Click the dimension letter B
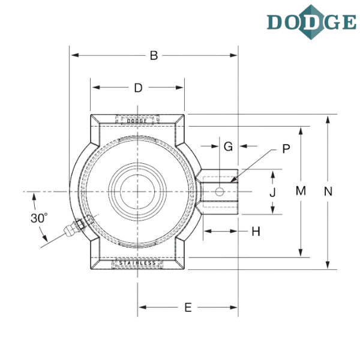pyautogui.click(x=154, y=56)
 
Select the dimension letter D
pyautogui.click(x=138, y=88)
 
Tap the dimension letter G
pyautogui.click(x=228, y=146)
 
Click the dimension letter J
pyautogui.click(x=274, y=191)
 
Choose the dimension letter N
pyautogui.click(x=327, y=191)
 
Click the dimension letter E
pyautogui.click(x=187, y=308)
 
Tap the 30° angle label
pyautogui.click(x=38, y=218)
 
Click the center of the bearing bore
pyautogui.click(x=138, y=191)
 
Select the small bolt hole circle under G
pyautogui.click(x=220, y=192)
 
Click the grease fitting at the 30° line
pyautogui.click(x=77, y=226)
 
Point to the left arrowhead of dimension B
pyautogui.click(x=74, y=56)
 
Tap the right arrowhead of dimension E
pyautogui.click(x=236, y=308)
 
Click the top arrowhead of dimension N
pyautogui.click(x=327, y=116)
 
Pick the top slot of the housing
pyautogui.click(x=138, y=119)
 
